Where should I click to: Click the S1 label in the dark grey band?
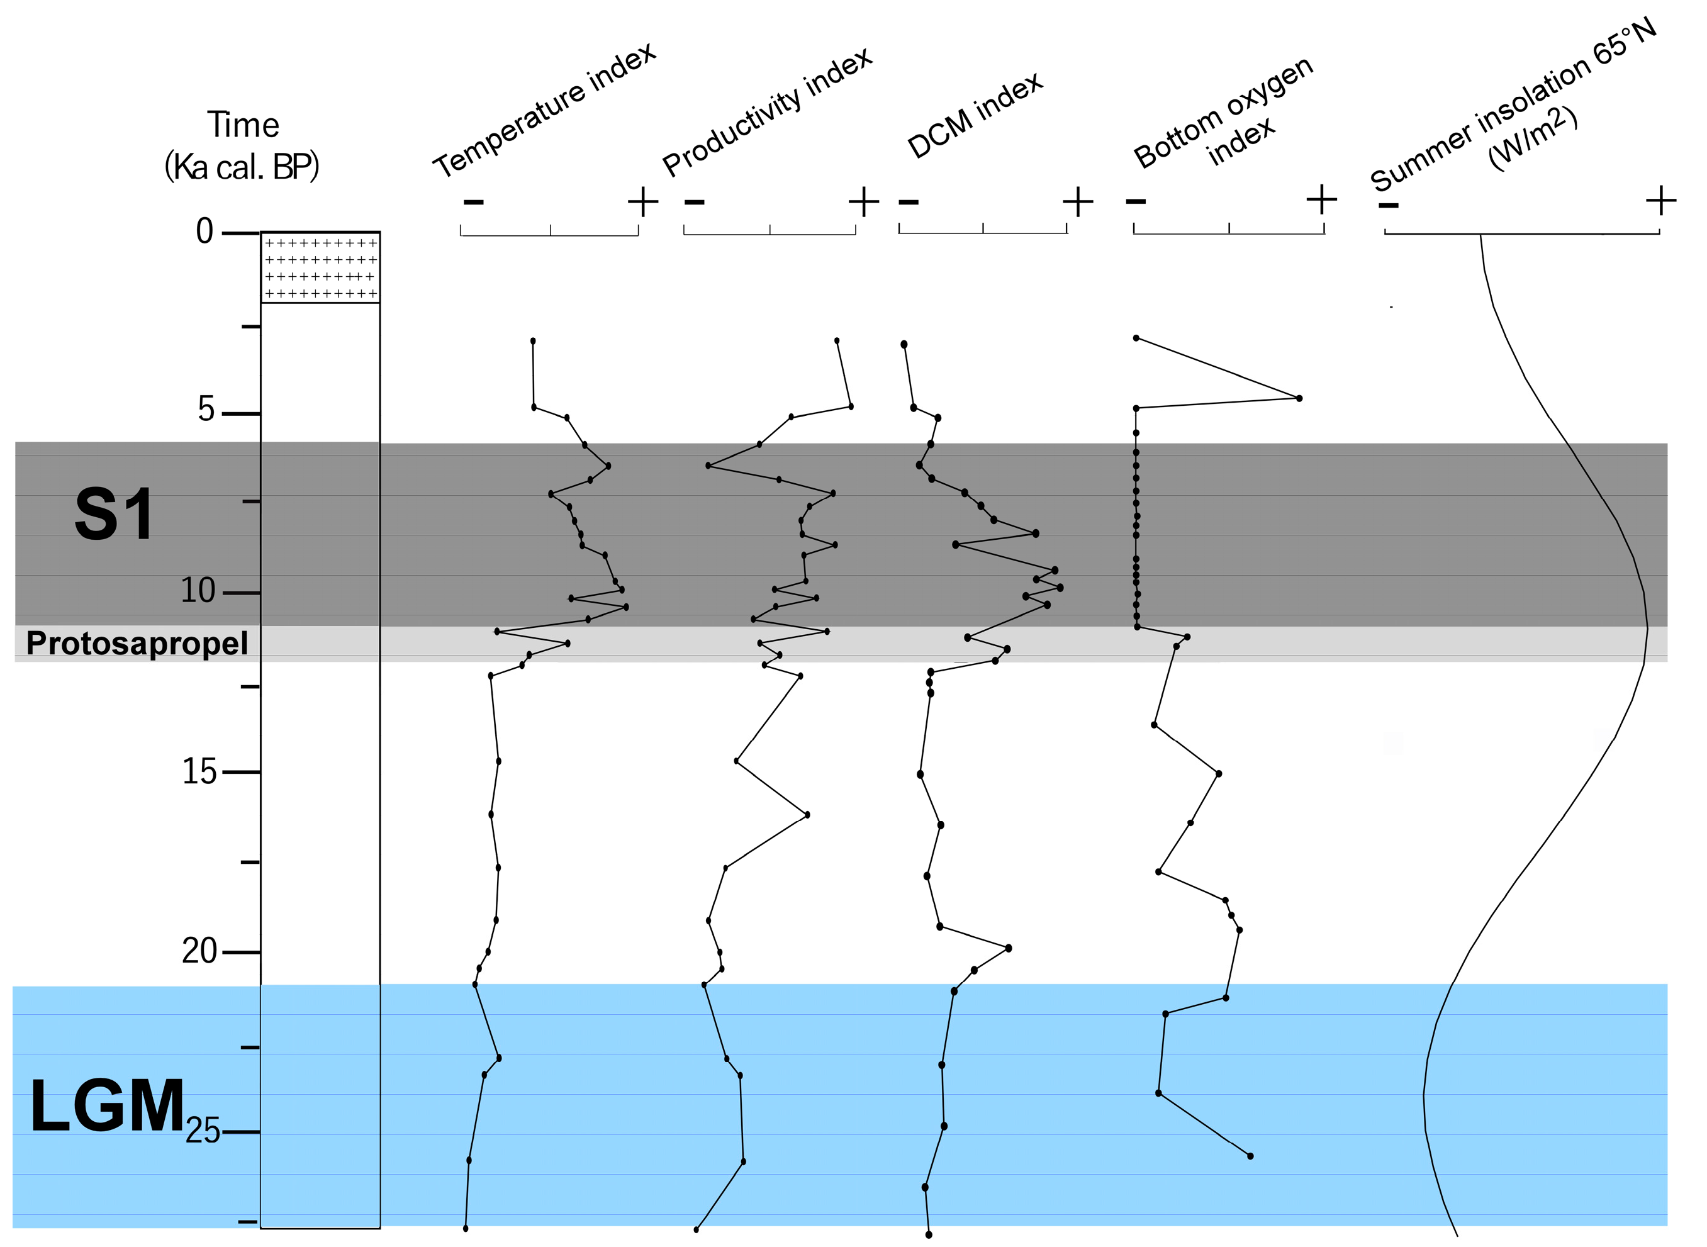tap(115, 515)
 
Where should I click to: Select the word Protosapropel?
tap(137, 644)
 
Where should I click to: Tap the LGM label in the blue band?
tap(108, 1107)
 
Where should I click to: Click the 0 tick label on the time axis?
tap(204, 231)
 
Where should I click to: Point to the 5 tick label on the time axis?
tap(206, 410)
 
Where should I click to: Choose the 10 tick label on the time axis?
tap(198, 591)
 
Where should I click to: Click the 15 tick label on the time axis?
tap(199, 772)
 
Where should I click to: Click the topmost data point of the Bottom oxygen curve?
tap(1136, 338)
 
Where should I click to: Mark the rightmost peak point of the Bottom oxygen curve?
tap(1299, 398)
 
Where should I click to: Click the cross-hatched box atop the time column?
tap(320, 268)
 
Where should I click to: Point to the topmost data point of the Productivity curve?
tap(837, 340)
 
